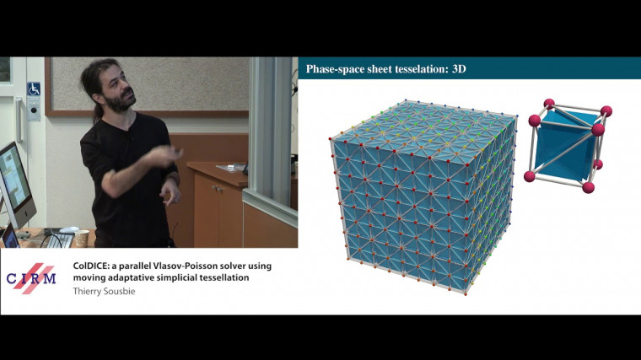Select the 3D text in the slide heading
point(455,68)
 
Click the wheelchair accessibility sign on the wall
point(34,89)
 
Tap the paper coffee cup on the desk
point(74,232)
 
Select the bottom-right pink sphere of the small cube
point(588,186)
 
